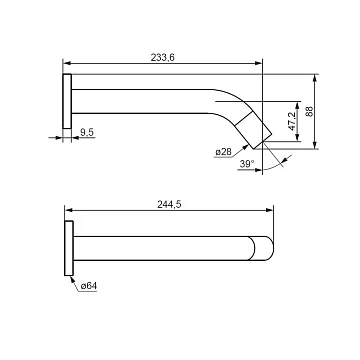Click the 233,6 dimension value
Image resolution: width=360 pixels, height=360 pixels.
[x=163, y=58]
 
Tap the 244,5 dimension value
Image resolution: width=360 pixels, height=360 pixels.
[x=169, y=205]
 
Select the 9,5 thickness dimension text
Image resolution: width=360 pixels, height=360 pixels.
[x=87, y=132]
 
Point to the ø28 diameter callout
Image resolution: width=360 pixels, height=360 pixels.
[x=223, y=152]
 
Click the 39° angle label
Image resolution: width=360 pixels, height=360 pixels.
[x=247, y=164]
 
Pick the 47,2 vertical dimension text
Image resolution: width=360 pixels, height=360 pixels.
[x=292, y=121]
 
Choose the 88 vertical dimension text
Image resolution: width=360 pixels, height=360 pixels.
[x=309, y=111]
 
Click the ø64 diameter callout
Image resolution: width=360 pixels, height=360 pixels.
[x=89, y=286]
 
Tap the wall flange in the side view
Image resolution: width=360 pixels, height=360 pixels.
[x=67, y=101]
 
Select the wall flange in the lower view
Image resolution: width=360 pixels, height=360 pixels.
[x=69, y=248]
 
